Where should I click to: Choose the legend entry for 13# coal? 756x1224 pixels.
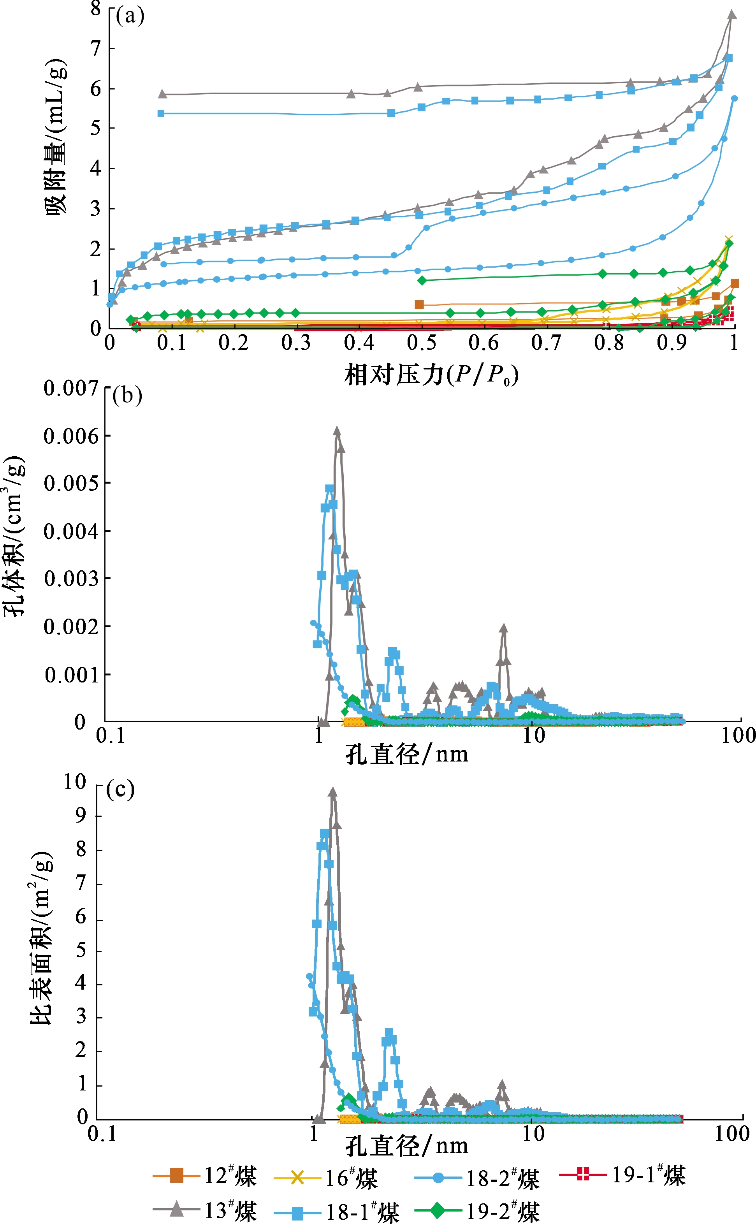pos(205,1210)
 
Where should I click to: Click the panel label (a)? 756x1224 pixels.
pos(130,16)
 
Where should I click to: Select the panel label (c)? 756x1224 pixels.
pos(121,789)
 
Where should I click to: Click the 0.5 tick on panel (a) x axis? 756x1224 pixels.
pos(422,343)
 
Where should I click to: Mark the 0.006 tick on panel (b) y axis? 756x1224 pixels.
pos(71,436)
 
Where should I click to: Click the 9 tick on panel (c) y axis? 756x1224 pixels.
pos(81,816)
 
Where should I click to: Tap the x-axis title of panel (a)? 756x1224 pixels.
pos(431,375)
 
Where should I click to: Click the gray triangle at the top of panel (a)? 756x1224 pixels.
pos(731,14)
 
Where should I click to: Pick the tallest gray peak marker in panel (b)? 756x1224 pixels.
pos(337,431)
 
